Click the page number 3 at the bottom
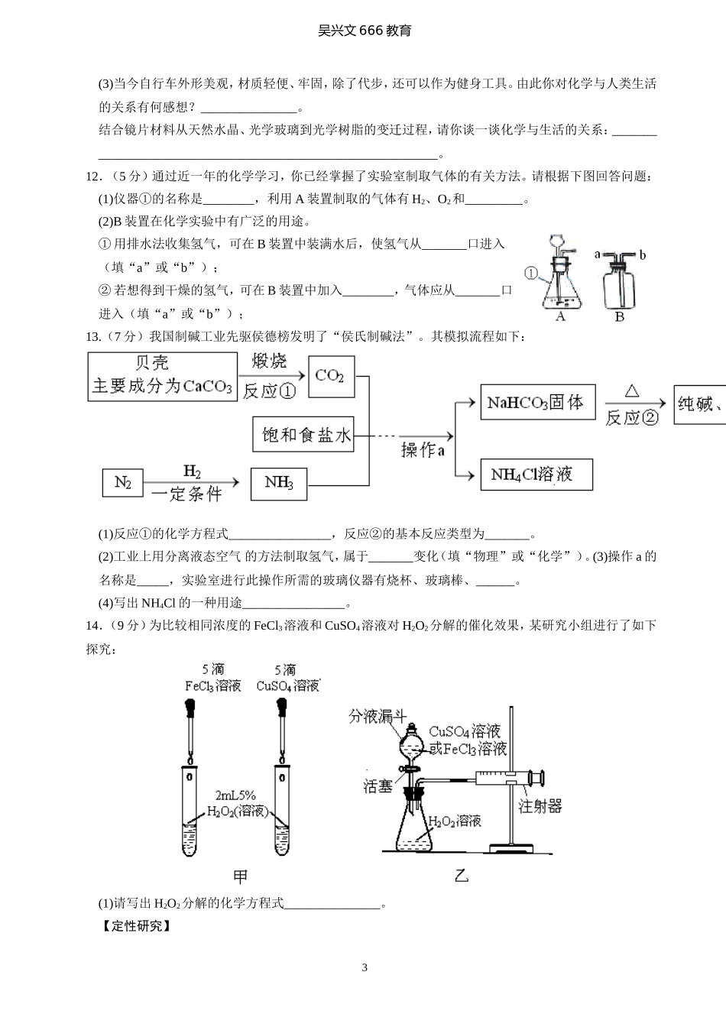(x=364, y=967)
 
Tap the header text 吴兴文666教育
(x=364, y=31)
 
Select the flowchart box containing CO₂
(x=331, y=376)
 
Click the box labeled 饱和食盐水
(x=303, y=435)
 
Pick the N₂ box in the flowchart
(x=123, y=482)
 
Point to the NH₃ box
(x=278, y=482)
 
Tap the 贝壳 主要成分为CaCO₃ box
(x=162, y=375)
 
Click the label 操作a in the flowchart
(x=423, y=450)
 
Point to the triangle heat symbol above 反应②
(x=631, y=391)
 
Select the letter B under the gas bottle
(x=620, y=316)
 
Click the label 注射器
(x=540, y=805)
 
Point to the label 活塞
(x=378, y=785)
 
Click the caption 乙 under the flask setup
(x=462, y=876)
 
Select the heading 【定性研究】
(x=135, y=926)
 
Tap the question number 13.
(x=93, y=336)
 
